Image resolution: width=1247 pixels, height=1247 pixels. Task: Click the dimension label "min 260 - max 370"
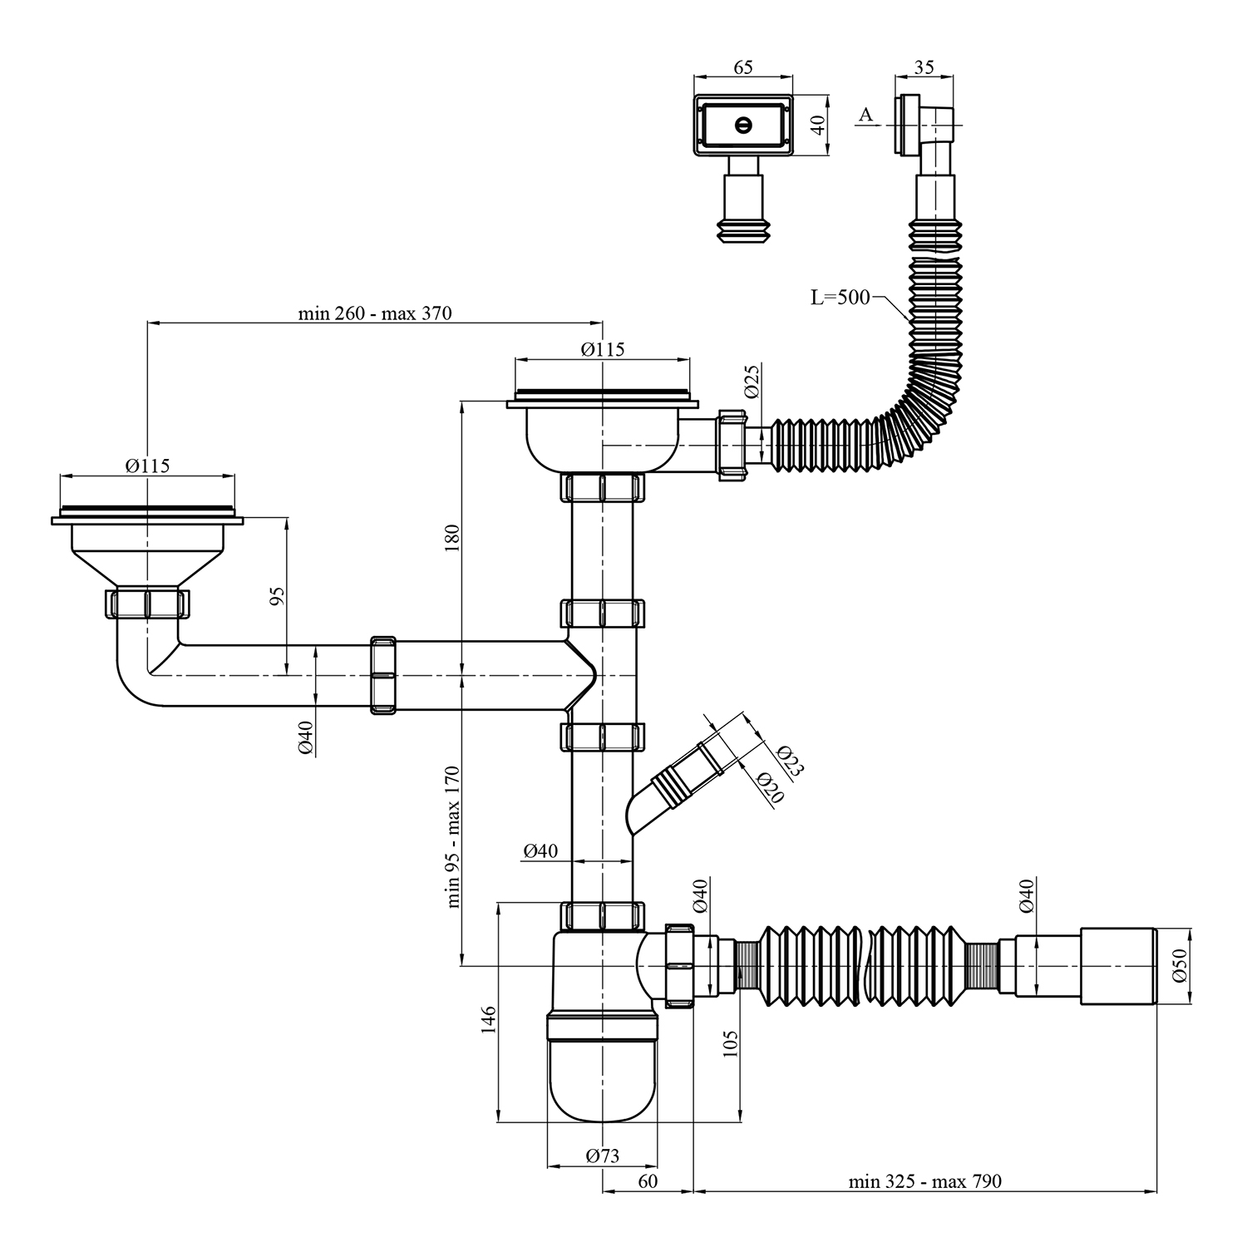[375, 313]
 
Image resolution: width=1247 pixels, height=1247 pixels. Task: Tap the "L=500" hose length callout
[840, 297]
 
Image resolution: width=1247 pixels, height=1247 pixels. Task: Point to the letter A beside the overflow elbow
[866, 115]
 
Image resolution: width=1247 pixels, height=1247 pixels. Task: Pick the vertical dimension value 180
[453, 540]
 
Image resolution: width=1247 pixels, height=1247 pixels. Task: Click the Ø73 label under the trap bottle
[602, 1156]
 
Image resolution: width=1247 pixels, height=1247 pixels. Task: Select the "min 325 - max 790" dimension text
[925, 1181]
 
